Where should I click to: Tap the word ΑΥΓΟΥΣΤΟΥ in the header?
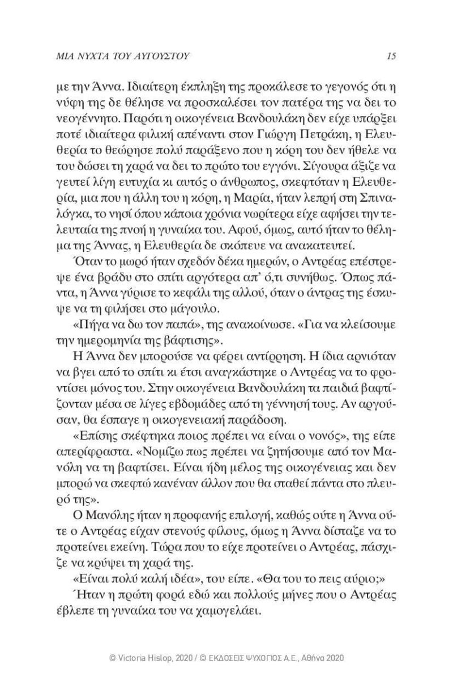pyautogui.click(x=157, y=56)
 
